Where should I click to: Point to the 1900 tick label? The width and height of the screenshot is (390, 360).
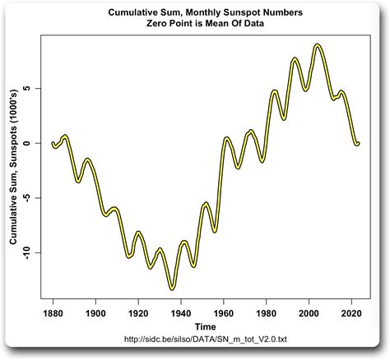(x=96, y=313)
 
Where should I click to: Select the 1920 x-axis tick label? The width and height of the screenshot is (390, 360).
(x=141, y=313)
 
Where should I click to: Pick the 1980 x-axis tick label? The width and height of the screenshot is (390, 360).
(x=270, y=313)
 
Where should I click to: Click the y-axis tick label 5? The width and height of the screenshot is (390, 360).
(x=28, y=88)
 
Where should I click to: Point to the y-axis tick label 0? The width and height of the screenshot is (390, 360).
(x=28, y=143)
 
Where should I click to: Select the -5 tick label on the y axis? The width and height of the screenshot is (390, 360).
(x=28, y=197)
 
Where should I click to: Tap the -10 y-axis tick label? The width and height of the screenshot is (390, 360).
(x=28, y=252)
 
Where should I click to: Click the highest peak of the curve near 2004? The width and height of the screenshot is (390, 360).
(x=318, y=45)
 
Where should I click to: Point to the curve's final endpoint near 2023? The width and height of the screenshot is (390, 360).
(x=358, y=144)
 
